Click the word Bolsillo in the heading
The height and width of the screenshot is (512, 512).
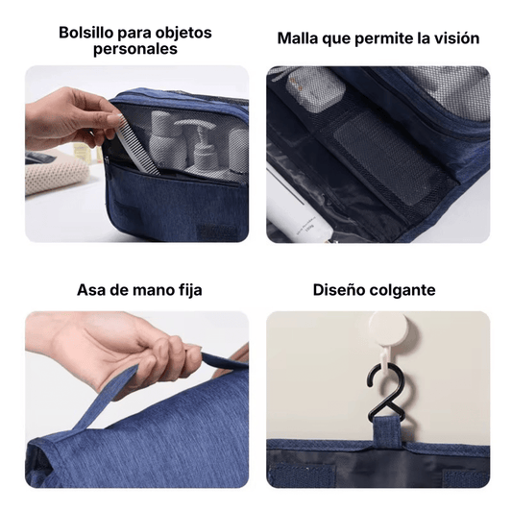[x=86, y=32]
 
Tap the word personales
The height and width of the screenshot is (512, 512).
[x=135, y=49]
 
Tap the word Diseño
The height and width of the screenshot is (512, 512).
[x=341, y=289]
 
